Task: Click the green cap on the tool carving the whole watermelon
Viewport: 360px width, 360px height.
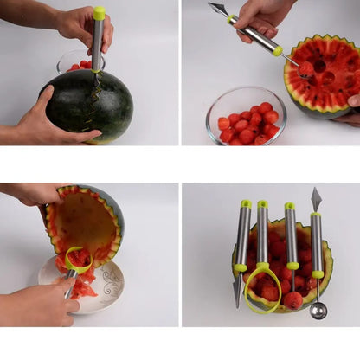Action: (x=100, y=13)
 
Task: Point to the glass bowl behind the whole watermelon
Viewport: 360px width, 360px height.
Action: (x=74, y=61)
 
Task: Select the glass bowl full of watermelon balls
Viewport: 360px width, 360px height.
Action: (x=246, y=117)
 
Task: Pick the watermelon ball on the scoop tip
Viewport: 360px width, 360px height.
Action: (x=305, y=68)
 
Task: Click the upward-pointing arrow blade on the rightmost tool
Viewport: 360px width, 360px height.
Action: (x=316, y=199)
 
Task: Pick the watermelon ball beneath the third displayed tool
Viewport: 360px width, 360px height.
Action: (x=293, y=299)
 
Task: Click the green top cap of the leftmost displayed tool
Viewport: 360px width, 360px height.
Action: (x=246, y=204)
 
